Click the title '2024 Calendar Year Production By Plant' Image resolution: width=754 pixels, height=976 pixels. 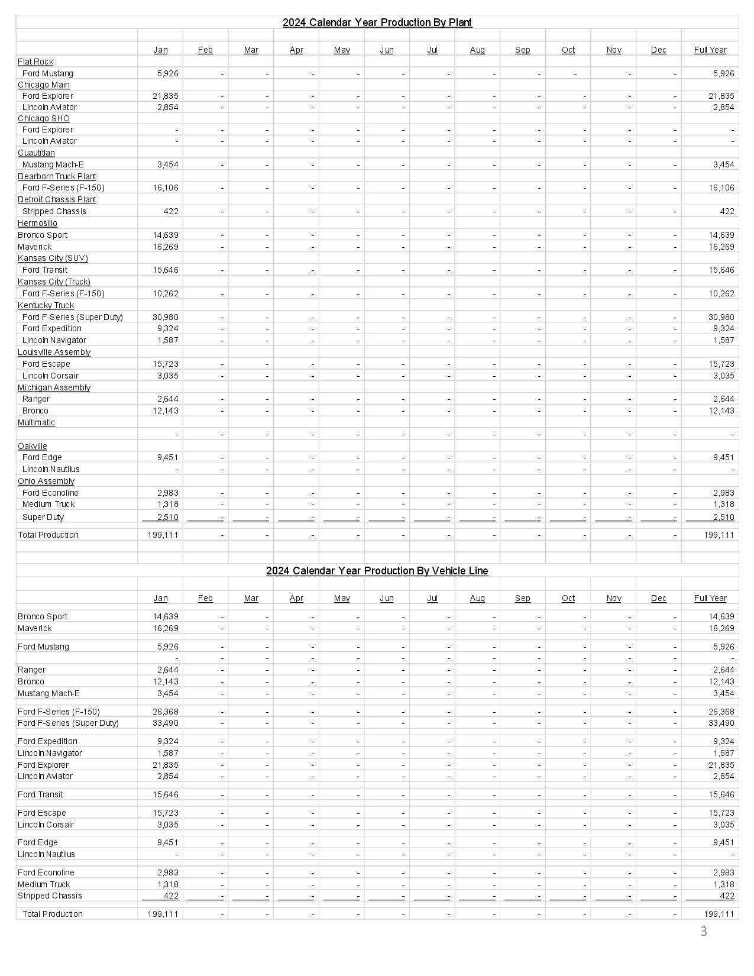tap(377, 22)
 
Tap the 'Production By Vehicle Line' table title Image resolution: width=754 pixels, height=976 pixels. tap(377, 571)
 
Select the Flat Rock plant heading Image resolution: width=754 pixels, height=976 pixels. tap(35, 62)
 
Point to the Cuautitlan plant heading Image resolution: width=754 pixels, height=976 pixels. tap(36, 153)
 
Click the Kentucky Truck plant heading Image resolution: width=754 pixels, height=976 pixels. tap(46, 305)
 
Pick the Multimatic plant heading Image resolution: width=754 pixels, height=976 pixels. tap(36, 422)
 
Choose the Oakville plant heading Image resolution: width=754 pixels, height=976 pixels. tap(33, 446)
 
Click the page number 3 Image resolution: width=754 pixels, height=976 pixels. tap(703, 932)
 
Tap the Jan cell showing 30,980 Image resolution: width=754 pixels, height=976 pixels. tap(166, 317)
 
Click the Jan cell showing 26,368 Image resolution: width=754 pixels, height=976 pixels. tap(166, 712)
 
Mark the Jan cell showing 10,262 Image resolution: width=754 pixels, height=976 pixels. tap(166, 293)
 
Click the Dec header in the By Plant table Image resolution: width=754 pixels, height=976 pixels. tap(658, 50)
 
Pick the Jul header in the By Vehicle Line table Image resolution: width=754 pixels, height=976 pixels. tap(432, 598)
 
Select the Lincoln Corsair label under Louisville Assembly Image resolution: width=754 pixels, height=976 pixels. tap(50, 376)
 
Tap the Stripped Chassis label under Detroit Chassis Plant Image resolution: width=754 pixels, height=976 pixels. tap(54, 211)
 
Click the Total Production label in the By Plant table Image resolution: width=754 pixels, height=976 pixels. tap(48, 535)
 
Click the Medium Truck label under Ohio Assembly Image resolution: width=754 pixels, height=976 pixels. tap(48, 504)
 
